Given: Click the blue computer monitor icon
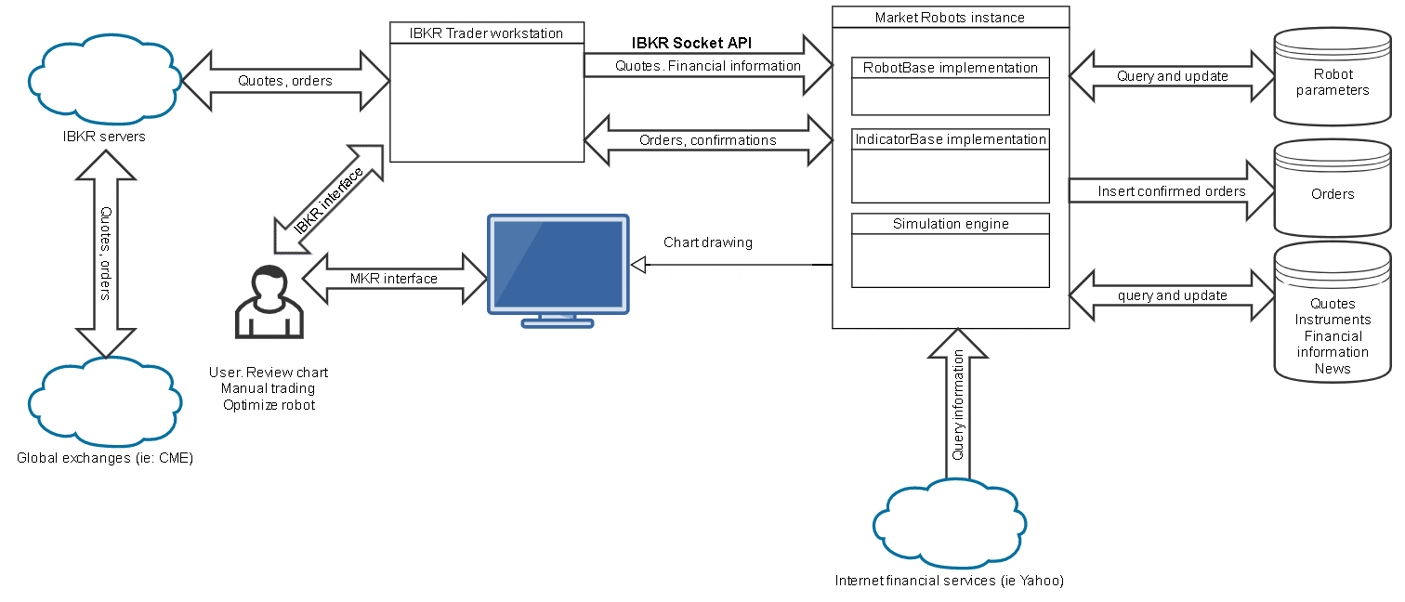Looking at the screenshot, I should point(558,269).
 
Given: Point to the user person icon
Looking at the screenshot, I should point(269,302).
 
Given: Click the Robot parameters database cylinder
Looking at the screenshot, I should point(1333,78).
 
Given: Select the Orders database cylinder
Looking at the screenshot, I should point(1333,190).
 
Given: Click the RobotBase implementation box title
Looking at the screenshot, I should point(950,68).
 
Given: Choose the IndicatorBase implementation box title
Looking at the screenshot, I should point(950,139).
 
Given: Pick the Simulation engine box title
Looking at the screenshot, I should point(950,224).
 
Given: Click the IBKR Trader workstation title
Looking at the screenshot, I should point(486,33).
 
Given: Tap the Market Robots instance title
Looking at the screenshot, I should point(950,17).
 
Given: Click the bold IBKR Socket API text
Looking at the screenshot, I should point(692,43).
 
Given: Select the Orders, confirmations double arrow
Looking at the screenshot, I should point(708,140).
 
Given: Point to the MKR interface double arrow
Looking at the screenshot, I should point(394,278).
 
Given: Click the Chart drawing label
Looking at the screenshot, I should point(708,242).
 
